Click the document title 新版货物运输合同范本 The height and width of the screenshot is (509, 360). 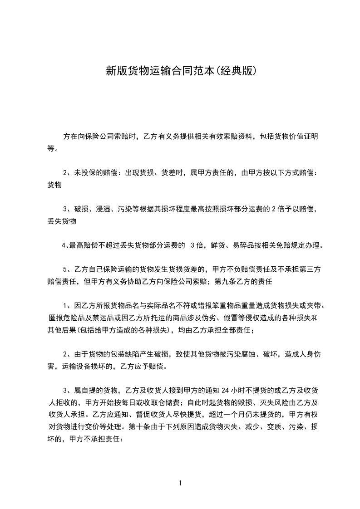(160, 71)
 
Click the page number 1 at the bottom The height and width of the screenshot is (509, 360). (180, 483)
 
